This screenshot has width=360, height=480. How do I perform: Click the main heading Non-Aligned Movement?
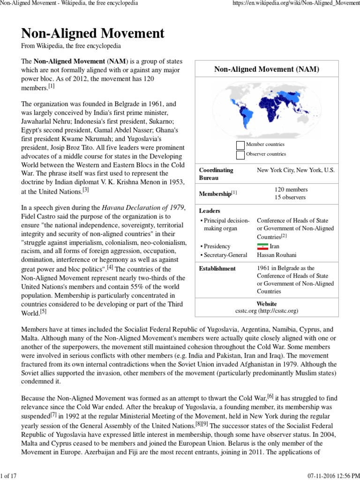[93, 33]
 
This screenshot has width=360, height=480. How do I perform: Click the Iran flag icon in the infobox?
[262, 246]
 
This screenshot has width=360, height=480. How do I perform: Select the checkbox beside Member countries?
[240, 145]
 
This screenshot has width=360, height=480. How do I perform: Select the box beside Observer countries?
[240, 154]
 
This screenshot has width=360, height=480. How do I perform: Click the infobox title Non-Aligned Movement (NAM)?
[266, 69]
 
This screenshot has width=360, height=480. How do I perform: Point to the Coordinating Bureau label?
[216, 174]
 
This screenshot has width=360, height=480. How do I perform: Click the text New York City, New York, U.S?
[296, 170]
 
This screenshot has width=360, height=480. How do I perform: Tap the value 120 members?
[291, 189]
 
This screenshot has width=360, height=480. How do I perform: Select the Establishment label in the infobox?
[217, 269]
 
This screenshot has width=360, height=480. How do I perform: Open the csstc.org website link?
[266, 310]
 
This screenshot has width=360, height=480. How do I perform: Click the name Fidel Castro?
[41, 217]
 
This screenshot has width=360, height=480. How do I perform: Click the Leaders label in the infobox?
[210, 211]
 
